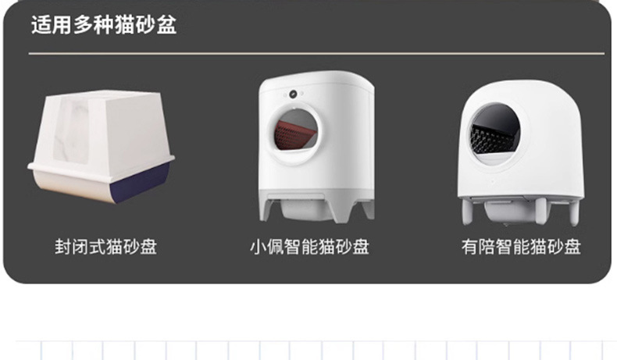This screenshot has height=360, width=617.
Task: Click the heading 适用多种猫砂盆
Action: coord(104,25)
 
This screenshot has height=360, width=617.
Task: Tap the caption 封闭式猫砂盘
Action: coord(105,248)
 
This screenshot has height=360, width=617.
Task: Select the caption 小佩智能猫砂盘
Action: coord(309,248)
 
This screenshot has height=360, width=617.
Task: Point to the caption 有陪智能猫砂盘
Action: coord(521,248)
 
